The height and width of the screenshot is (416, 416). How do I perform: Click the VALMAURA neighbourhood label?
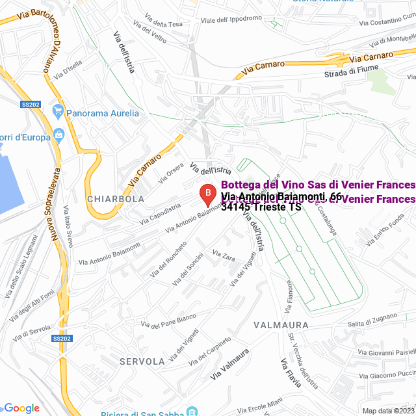[x=281, y=324]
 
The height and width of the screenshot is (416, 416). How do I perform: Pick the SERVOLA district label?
[x=142, y=361]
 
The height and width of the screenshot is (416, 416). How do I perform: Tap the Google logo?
[x=21, y=408]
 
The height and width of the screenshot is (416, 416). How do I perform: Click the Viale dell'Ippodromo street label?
[x=231, y=19]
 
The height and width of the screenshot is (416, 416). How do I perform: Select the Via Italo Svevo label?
[x=67, y=228]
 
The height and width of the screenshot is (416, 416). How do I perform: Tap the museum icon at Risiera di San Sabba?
[x=192, y=411]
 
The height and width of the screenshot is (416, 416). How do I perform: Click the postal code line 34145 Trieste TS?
[x=261, y=207]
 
